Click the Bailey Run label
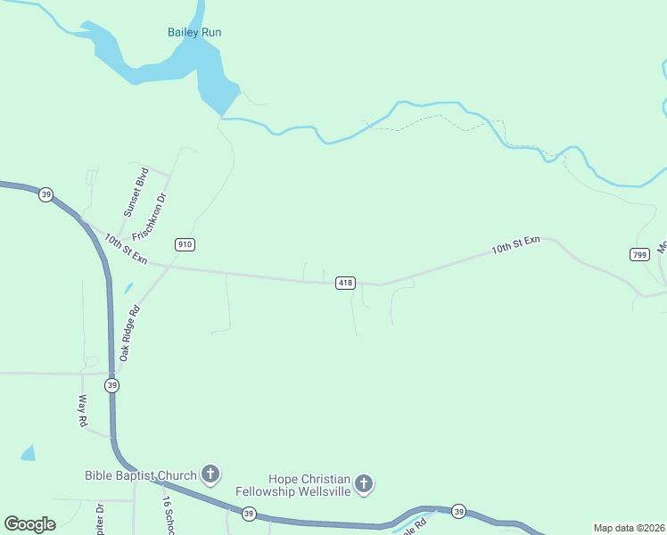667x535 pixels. (x=194, y=33)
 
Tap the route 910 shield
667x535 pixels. (x=185, y=244)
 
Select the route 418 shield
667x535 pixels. (x=346, y=283)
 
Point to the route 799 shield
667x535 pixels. (x=638, y=254)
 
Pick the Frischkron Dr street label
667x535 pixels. (x=151, y=217)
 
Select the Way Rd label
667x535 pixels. (x=83, y=411)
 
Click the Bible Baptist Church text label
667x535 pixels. (x=140, y=475)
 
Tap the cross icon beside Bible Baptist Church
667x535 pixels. (x=210, y=473)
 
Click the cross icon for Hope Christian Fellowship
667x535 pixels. (x=363, y=484)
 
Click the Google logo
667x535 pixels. (x=29, y=524)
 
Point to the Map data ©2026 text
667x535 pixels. (x=629, y=528)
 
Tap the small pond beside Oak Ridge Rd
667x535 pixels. (x=128, y=288)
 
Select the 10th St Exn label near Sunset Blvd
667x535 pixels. (x=124, y=249)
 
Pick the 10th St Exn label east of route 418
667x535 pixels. (x=515, y=246)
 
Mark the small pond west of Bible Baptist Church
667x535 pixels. (x=29, y=453)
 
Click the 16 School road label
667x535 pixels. (x=167, y=515)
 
